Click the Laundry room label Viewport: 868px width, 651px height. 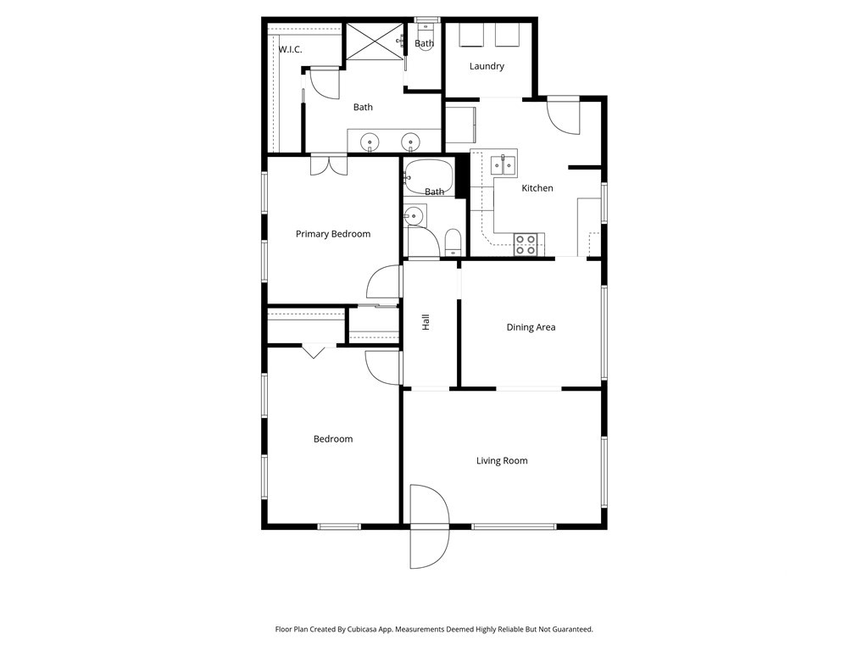point(487,66)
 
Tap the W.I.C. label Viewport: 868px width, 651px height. point(290,50)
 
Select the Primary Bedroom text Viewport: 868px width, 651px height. point(332,234)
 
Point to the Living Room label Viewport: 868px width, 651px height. point(502,460)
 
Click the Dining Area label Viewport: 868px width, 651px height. point(531,327)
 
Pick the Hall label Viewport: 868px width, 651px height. point(426,322)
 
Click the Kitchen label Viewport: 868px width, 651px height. point(537,188)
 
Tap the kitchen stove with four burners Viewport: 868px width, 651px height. point(526,245)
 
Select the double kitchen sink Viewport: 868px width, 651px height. point(504,165)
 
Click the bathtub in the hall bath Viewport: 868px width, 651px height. point(428,177)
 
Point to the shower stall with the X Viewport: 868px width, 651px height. point(376,42)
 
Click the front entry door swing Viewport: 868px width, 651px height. point(429,526)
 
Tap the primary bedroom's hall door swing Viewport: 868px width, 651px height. point(383,282)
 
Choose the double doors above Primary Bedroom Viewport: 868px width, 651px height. point(329,166)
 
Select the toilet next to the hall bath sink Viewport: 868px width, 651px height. point(453,242)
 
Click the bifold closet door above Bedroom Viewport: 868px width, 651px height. point(314,351)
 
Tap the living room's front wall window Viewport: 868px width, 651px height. point(514,526)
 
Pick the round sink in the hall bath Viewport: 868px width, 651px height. point(413,216)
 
